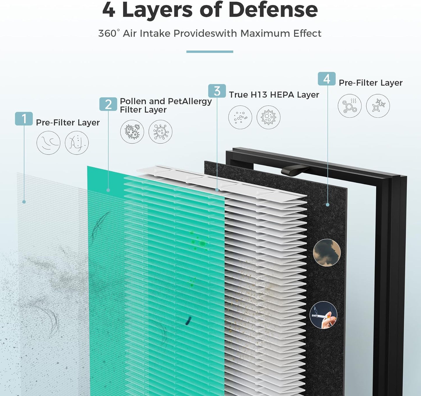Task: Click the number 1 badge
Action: (24, 119)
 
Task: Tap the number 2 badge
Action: (108, 104)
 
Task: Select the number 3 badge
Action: (217, 91)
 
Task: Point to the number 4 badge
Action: (327, 79)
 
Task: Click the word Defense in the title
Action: (273, 10)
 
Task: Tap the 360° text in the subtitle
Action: (109, 33)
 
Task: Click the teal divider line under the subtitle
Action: (210, 52)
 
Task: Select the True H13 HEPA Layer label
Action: (274, 95)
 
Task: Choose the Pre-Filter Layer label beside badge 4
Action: (370, 83)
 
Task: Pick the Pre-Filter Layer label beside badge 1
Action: (68, 122)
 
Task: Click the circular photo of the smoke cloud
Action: (327, 253)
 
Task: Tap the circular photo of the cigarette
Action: (323, 315)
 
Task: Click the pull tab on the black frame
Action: (294, 169)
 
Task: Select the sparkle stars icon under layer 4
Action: (378, 106)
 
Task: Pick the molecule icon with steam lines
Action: (350, 106)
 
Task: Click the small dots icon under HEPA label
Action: (240, 117)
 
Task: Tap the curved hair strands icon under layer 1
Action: (48, 143)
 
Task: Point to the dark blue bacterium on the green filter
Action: (188, 320)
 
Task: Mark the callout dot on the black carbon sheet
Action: (327, 205)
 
